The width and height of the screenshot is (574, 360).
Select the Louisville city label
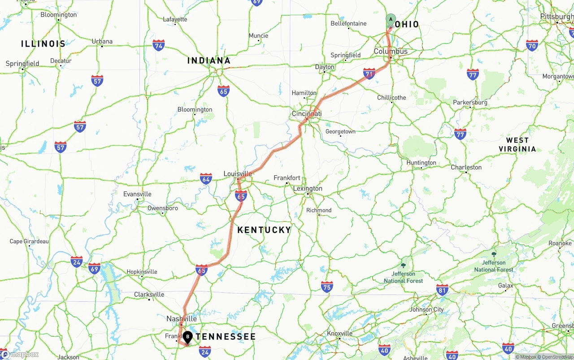(238, 174)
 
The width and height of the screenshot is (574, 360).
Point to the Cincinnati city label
(307, 114)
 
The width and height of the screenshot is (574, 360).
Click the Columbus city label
(391, 52)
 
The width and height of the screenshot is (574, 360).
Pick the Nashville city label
(182, 319)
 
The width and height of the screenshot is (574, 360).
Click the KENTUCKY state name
(264, 230)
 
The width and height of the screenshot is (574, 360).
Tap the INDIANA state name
(209, 61)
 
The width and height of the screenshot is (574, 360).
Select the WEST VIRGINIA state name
(517, 144)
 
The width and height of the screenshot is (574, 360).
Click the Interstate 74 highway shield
(158, 45)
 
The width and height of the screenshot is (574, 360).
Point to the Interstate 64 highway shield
(206, 179)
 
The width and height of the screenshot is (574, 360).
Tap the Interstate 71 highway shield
(369, 74)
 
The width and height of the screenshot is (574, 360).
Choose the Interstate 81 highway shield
(442, 290)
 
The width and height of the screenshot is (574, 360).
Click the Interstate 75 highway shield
(327, 287)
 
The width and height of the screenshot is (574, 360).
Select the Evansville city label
(137, 194)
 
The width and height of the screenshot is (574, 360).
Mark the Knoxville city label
(339, 334)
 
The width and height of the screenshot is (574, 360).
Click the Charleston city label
(466, 167)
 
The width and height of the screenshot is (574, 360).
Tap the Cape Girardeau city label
(29, 241)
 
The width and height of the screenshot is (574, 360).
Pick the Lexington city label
(308, 188)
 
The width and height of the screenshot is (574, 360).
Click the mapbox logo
(20, 355)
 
